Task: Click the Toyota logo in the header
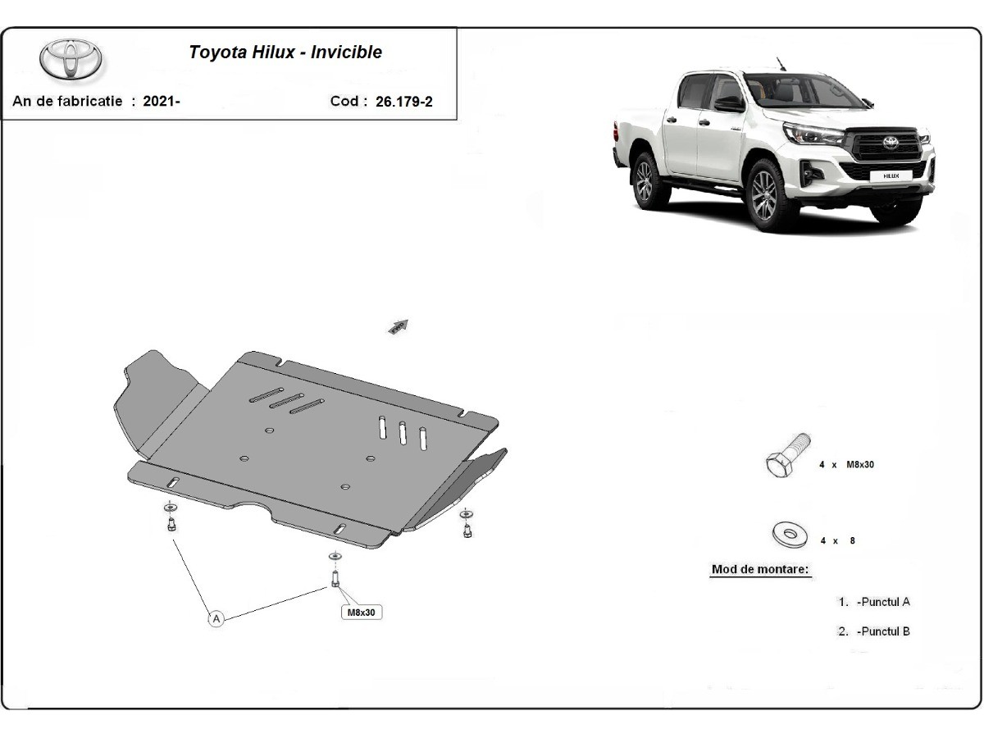click(x=71, y=60)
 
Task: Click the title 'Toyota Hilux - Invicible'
click(x=285, y=52)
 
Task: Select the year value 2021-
click(x=162, y=101)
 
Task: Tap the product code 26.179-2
click(x=404, y=102)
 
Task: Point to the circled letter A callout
click(x=216, y=619)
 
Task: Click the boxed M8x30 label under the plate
click(x=362, y=612)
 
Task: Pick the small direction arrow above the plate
click(x=398, y=326)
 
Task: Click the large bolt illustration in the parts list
click(x=787, y=455)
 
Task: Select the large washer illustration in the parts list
click(x=790, y=534)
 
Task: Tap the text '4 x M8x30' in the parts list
click(x=846, y=465)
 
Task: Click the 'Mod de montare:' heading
click(x=760, y=569)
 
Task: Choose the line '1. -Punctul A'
click(x=874, y=602)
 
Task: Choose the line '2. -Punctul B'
click(x=874, y=631)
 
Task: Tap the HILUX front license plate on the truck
click(x=891, y=175)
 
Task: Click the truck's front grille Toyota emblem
click(x=891, y=143)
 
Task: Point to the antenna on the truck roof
click(x=781, y=64)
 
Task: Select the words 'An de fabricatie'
click(x=67, y=101)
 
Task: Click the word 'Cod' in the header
click(x=344, y=101)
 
